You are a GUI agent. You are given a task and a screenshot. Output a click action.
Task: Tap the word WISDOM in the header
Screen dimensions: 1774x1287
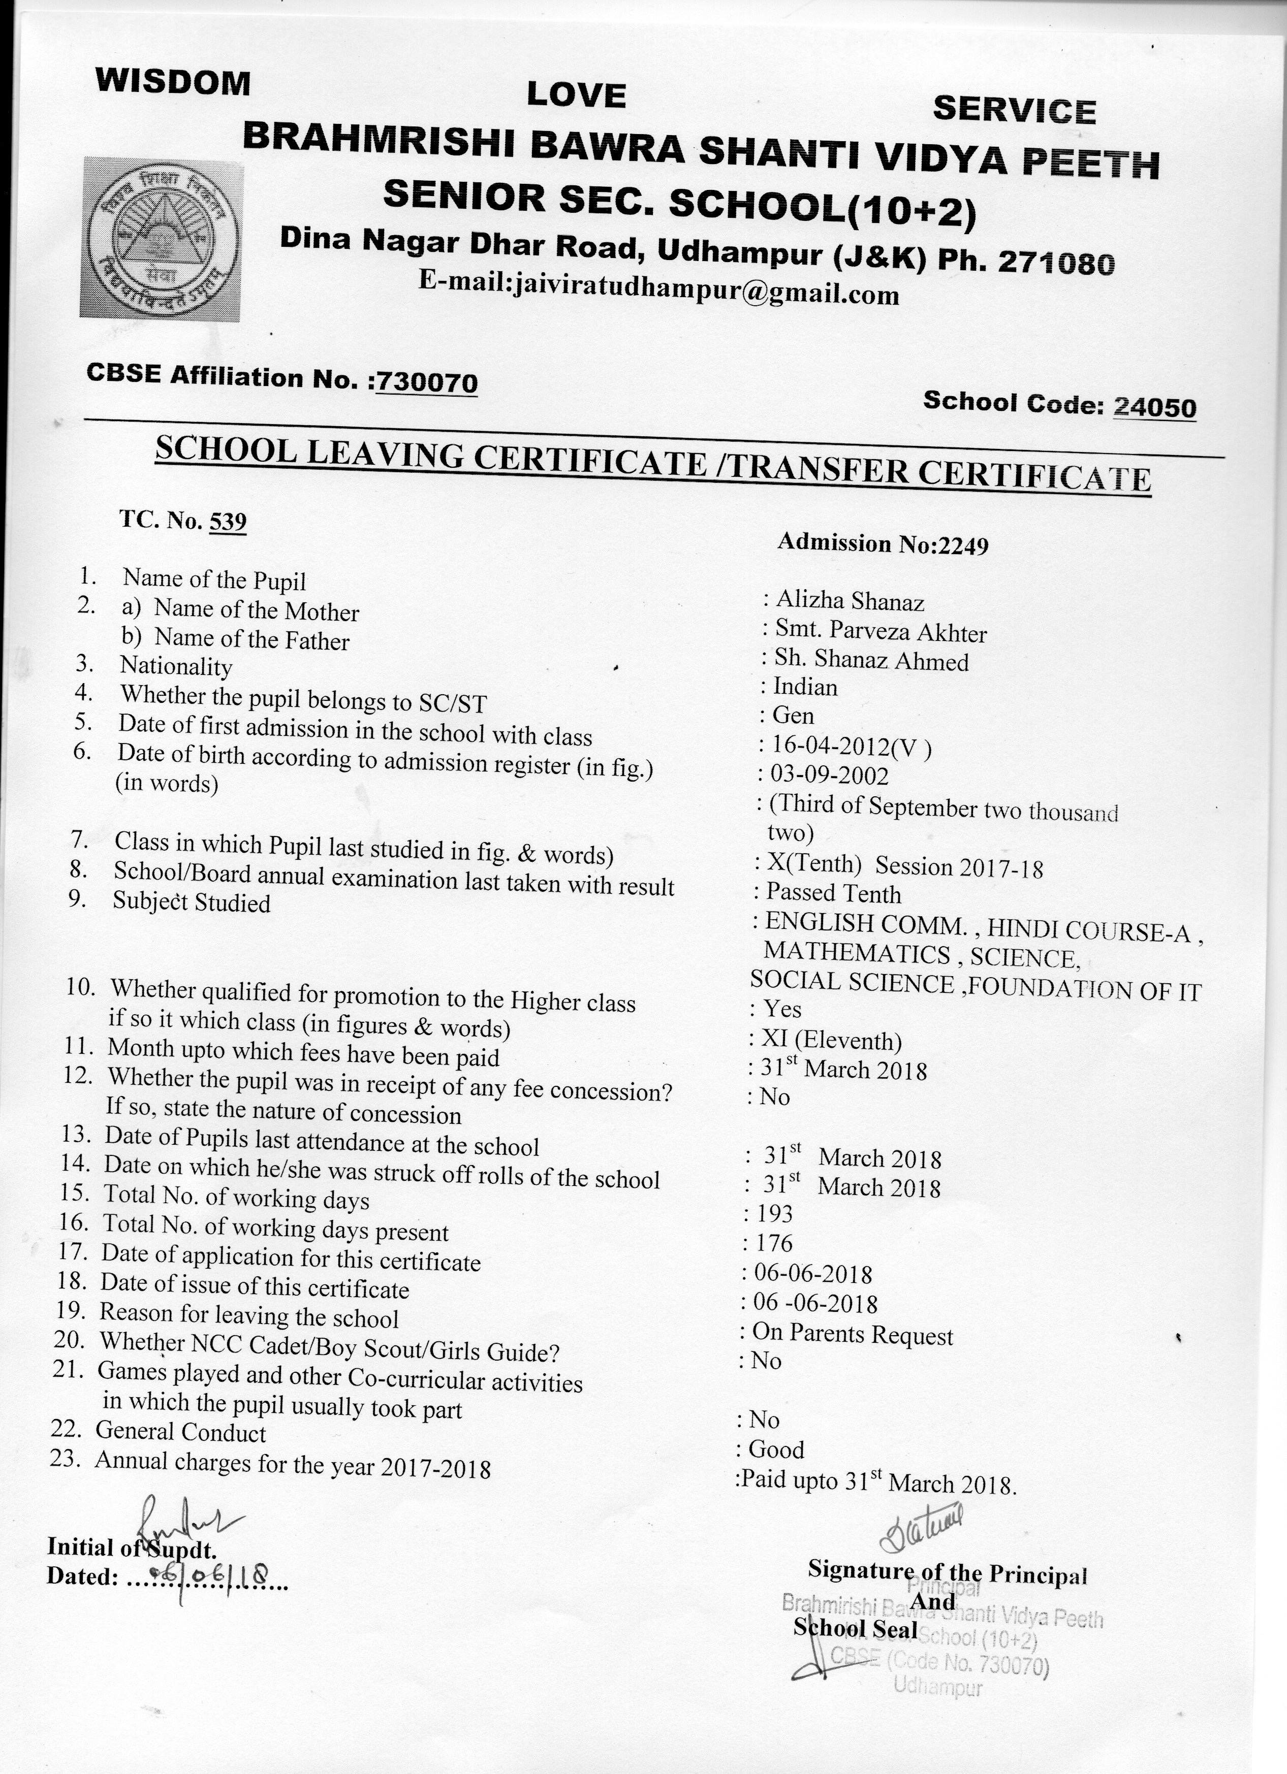tap(173, 82)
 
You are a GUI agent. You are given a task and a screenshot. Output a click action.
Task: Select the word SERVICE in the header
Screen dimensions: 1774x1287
tap(1014, 110)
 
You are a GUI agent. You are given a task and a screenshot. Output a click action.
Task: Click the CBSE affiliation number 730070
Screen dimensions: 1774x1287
tap(426, 382)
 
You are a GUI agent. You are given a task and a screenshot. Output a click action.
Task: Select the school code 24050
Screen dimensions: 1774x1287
tap(1155, 407)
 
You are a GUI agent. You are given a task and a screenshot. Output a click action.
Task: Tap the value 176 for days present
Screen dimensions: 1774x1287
tap(774, 1243)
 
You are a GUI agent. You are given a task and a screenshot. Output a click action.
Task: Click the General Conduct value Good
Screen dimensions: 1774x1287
tap(776, 1449)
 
